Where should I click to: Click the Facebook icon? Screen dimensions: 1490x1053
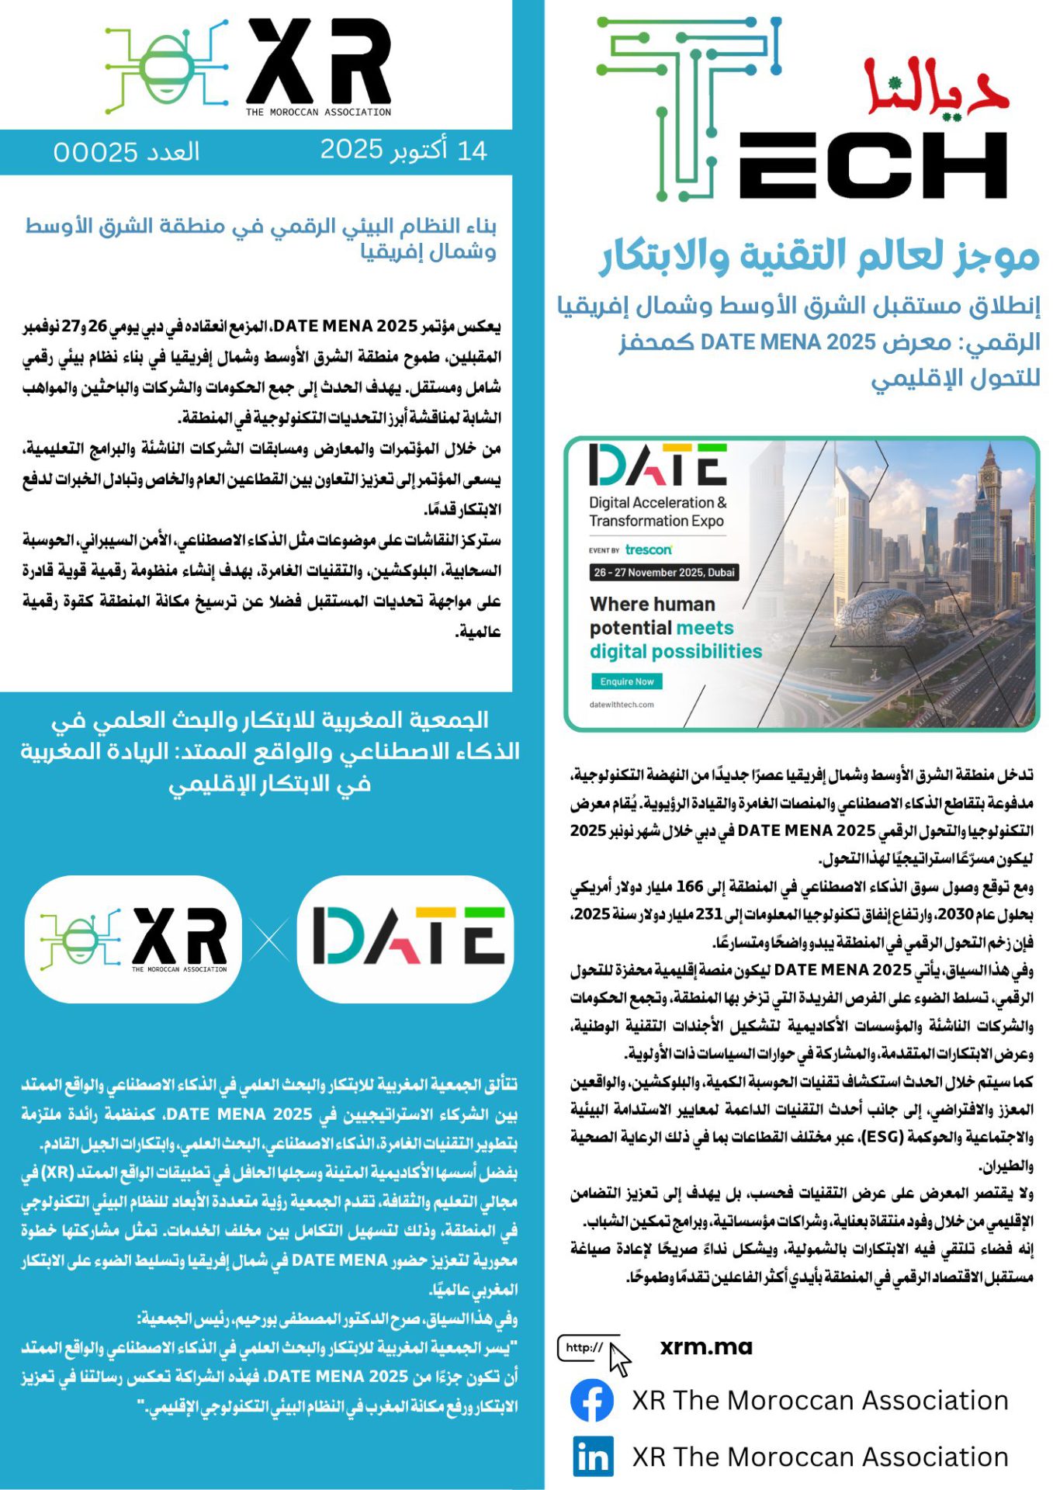point(592,1400)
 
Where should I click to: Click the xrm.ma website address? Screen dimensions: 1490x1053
point(706,1347)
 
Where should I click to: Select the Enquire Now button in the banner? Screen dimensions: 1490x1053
point(627,681)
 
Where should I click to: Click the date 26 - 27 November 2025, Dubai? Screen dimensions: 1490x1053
point(664,573)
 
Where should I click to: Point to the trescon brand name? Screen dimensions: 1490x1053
point(649,549)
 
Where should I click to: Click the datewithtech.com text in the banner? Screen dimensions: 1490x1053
point(622,705)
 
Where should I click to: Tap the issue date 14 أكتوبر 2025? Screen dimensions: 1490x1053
point(404,150)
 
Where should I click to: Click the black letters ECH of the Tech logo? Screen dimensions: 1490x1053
point(873,165)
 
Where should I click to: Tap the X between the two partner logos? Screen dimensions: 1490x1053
point(269,940)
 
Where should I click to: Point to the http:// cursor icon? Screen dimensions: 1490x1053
point(594,1351)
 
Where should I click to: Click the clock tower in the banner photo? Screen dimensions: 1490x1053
point(988,482)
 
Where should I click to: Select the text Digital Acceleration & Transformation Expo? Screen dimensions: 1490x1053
point(657,511)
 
